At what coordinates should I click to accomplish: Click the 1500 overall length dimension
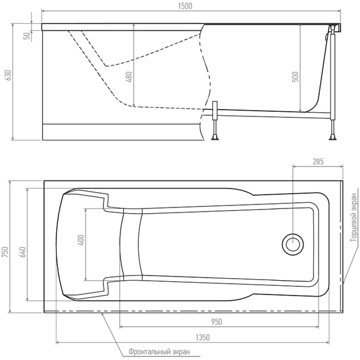pos(185,6)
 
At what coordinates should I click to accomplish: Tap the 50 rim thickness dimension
pos(27,36)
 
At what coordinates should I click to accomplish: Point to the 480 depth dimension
pos(129,77)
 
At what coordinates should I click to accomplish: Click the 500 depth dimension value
pos(295,77)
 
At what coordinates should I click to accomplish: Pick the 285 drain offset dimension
pos(318,162)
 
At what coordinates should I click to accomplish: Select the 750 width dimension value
pos(5,252)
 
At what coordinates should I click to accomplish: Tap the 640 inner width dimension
pos(23,252)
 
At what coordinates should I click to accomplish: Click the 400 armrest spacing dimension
pos(81,240)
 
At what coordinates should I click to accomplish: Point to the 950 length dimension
pos(216,322)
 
